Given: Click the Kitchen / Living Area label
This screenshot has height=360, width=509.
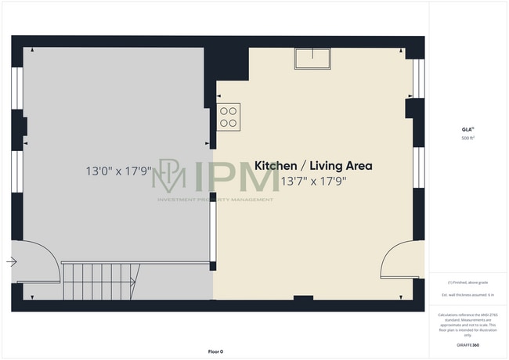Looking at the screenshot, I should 313,166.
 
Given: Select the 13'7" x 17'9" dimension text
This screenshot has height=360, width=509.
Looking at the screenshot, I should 313,182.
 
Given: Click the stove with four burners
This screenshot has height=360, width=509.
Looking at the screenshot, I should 229,117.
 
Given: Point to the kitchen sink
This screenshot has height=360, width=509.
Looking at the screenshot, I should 312,58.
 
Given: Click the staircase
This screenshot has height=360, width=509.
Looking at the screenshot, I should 100,279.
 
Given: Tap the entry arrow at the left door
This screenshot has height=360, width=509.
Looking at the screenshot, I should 12,262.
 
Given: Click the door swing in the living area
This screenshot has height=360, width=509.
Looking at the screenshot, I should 400,260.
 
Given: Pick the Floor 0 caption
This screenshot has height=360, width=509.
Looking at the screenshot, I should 215,351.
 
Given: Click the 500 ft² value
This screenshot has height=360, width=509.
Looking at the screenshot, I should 467,139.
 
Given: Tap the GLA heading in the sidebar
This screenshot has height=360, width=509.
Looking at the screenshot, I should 467,129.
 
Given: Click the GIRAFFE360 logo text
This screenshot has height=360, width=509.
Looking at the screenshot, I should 467,344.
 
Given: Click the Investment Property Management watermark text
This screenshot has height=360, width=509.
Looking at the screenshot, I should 215,200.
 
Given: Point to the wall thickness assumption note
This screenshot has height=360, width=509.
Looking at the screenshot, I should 467,294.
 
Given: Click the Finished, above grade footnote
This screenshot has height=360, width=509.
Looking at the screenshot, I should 467,282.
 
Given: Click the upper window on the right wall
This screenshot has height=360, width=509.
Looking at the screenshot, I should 418,78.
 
